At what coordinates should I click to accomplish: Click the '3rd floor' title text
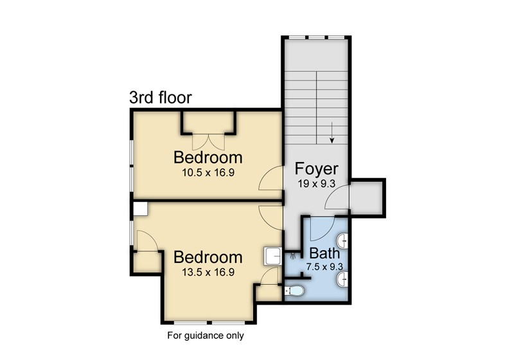[160, 98]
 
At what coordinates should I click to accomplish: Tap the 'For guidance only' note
[206, 336]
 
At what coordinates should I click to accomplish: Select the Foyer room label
[316, 169]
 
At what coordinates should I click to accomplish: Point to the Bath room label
[324, 253]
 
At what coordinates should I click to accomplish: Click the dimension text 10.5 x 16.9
[208, 173]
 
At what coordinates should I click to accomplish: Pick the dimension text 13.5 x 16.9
[208, 272]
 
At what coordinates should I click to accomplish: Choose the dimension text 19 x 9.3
[316, 184]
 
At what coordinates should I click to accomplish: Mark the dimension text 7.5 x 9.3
[324, 267]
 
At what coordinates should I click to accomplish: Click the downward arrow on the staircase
[332, 133]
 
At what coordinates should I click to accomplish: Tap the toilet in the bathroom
[295, 291]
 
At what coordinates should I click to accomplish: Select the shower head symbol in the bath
[292, 256]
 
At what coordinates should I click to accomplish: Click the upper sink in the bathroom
[342, 241]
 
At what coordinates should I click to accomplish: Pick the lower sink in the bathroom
[342, 280]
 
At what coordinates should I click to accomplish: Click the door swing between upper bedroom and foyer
[270, 178]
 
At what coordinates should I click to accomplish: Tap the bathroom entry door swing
[322, 228]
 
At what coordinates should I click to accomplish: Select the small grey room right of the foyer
[366, 198]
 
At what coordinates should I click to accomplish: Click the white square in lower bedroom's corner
[140, 209]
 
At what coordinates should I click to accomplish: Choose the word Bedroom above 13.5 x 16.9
[208, 257]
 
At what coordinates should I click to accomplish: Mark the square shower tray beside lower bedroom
[272, 256]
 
